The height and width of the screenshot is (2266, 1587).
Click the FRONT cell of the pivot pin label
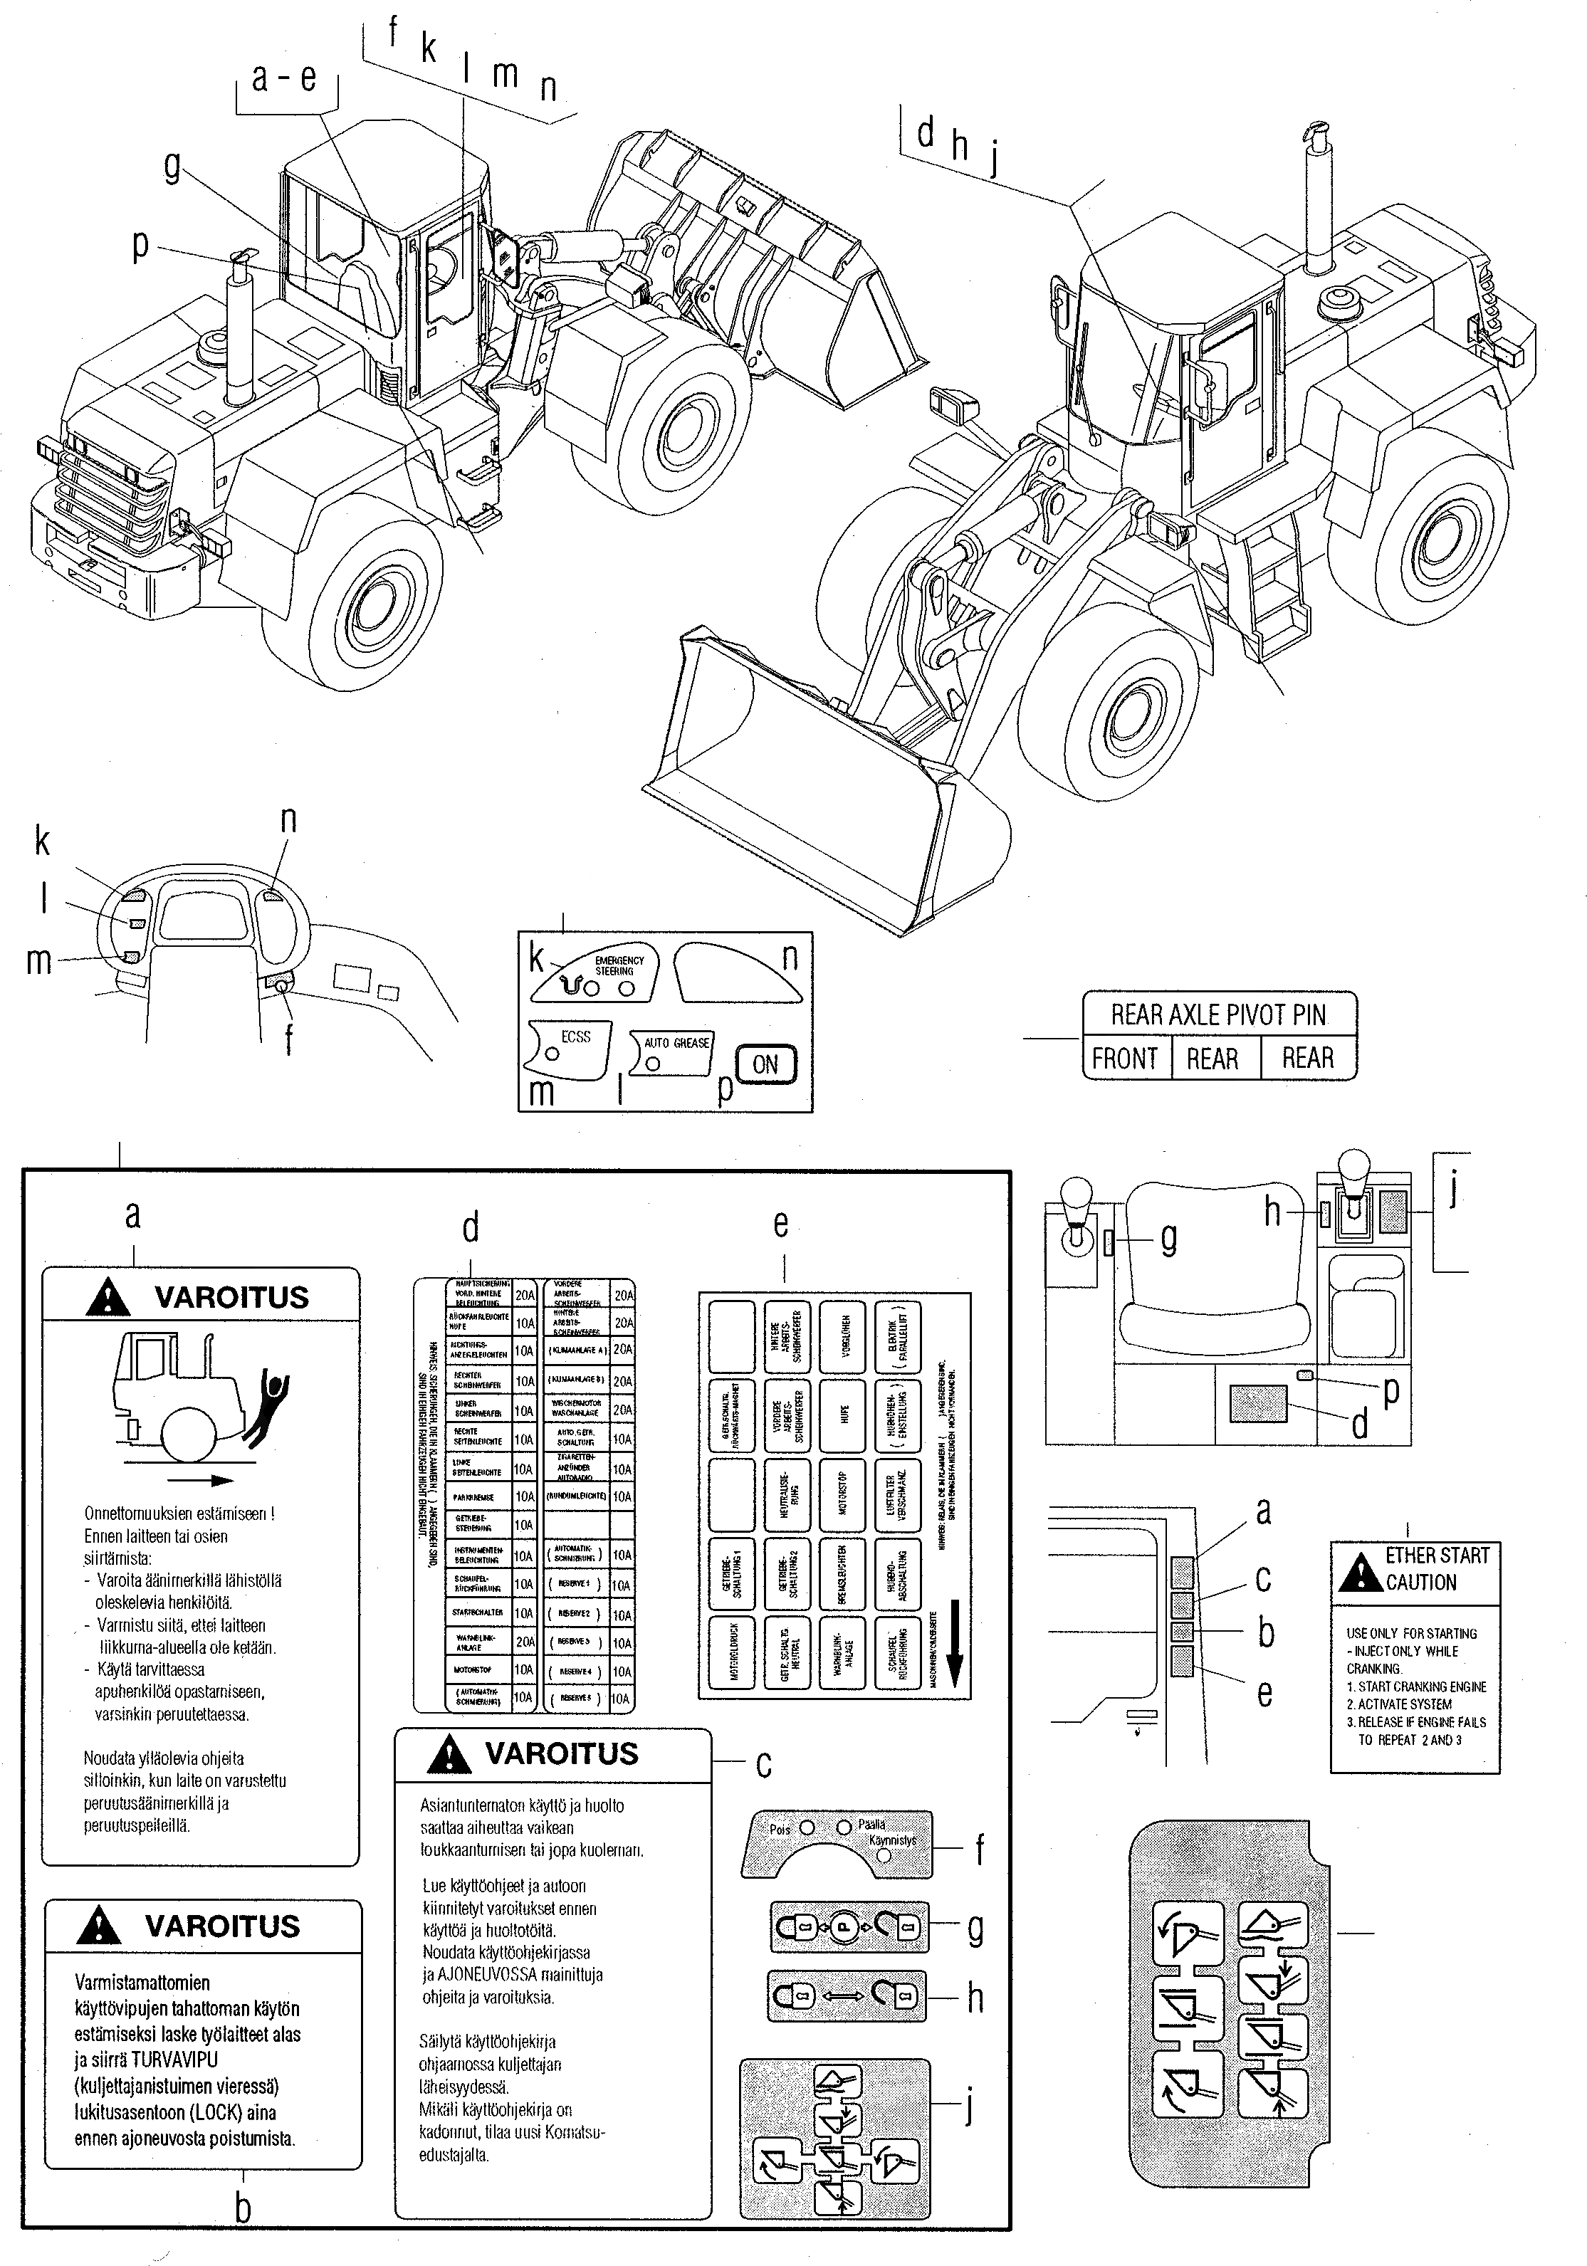click(1124, 1059)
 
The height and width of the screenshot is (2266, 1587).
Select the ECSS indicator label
click(575, 1037)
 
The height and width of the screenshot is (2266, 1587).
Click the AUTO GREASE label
click(676, 1043)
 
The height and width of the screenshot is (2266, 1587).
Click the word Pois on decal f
click(780, 1829)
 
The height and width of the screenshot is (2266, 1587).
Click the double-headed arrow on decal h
click(845, 1997)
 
